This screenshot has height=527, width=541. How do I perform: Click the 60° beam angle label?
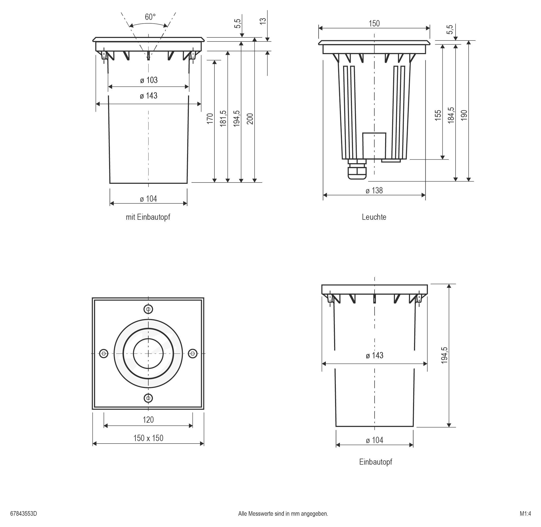[150, 17]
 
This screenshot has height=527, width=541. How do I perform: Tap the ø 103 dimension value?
[149, 80]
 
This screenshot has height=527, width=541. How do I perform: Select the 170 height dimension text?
[210, 118]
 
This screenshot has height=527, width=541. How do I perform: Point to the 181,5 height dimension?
[223, 118]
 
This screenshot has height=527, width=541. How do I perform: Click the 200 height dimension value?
[250, 118]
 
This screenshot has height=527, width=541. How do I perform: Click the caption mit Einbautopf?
[148, 217]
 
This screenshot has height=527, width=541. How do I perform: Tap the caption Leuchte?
[374, 217]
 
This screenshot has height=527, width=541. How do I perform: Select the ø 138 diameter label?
[374, 191]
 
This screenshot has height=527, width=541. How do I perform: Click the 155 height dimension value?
[438, 115]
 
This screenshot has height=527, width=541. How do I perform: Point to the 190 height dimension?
[464, 115]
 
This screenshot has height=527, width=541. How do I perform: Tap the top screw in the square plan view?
[148, 309]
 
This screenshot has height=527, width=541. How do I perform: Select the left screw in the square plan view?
[104, 354]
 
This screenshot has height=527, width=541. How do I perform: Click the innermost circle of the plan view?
[148, 354]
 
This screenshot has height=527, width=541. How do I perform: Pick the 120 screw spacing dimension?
[148, 420]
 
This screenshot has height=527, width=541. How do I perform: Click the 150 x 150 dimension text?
[148, 438]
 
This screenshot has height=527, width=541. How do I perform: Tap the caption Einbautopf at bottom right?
[376, 462]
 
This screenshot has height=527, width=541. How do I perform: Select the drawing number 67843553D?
[24, 514]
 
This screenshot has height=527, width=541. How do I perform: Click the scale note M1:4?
[525, 514]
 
